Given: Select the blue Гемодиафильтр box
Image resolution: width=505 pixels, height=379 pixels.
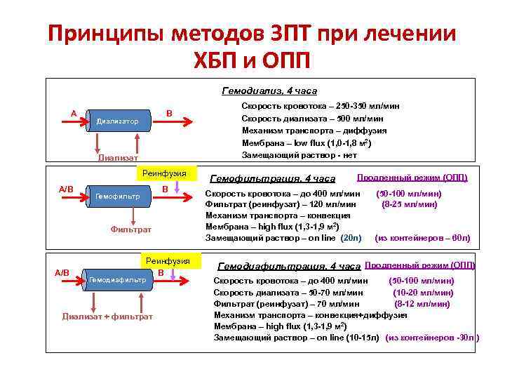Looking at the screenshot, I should click(x=117, y=279).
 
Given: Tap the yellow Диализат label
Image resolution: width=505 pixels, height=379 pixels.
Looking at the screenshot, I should click(x=118, y=157).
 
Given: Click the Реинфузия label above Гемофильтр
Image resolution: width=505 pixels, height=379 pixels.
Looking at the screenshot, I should click(x=164, y=173).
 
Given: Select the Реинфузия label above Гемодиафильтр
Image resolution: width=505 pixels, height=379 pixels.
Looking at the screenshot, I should click(x=163, y=260).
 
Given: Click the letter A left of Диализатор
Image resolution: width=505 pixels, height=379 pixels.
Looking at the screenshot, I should click(x=73, y=113).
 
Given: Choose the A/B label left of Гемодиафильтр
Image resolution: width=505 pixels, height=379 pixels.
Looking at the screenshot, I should click(x=62, y=272).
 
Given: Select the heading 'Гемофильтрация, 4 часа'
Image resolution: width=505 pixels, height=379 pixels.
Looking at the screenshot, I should click(x=273, y=179).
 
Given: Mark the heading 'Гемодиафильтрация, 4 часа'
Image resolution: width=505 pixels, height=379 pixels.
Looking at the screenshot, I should click(x=290, y=267).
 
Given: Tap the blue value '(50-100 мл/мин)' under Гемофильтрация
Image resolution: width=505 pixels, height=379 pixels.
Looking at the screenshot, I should click(x=409, y=193).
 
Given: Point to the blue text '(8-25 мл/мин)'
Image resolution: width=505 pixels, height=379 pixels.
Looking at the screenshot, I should click(x=409, y=204).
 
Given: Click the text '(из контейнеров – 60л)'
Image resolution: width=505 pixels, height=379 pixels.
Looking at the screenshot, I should click(x=422, y=239).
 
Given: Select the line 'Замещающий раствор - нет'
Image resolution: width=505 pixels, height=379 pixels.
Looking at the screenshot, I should click(x=299, y=154).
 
